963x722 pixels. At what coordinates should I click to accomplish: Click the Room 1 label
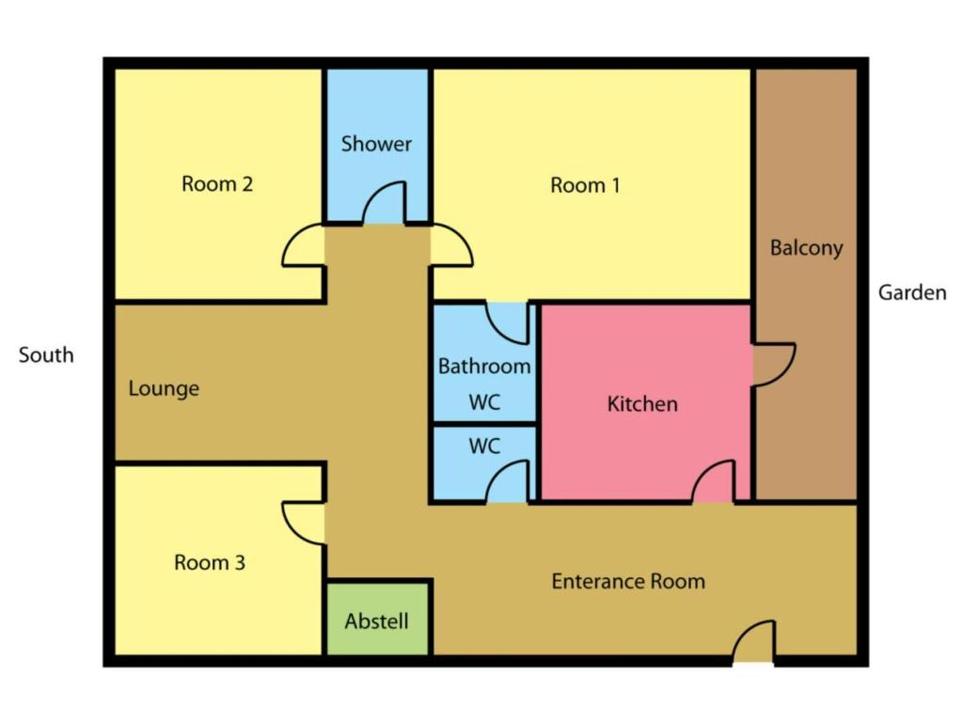click(585, 185)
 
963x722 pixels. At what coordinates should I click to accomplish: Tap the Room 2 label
click(217, 183)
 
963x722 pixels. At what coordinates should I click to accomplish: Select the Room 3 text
click(210, 562)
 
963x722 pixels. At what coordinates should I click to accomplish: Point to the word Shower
click(376, 144)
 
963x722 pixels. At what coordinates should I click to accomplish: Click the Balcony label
click(806, 248)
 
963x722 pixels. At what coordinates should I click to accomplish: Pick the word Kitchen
click(642, 404)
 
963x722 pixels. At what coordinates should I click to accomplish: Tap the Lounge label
click(164, 388)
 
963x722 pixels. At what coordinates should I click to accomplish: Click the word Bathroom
click(484, 367)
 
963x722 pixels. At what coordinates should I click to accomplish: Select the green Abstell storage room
click(377, 619)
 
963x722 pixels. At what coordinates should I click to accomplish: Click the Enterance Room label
click(628, 581)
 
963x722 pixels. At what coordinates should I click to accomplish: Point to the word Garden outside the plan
click(912, 293)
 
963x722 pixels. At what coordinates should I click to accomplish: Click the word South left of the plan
click(46, 354)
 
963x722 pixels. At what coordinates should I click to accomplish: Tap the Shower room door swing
click(385, 203)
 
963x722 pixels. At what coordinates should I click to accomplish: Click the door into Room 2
click(304, 245)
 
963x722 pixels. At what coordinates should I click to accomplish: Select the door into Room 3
click(304, 523)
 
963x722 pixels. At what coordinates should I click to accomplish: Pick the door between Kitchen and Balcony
click(775, 365)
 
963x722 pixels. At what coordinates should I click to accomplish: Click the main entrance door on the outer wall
click(753, 641)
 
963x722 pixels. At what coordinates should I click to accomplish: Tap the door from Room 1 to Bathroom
click(507, 323)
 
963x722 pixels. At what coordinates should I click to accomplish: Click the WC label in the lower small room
click(484, 446)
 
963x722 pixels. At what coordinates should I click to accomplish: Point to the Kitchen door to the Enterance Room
click(713, 482)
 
